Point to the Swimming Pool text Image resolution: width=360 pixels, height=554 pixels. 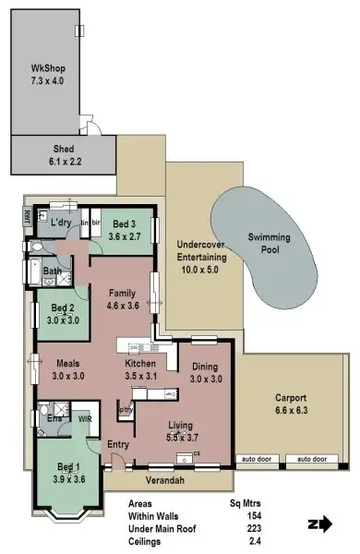[x=269, y=244]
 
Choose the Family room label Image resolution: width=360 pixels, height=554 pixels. [x=122, y=298]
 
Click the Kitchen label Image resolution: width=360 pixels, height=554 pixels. [x=141, y=370]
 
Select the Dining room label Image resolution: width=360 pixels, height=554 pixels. [x=207, y=372]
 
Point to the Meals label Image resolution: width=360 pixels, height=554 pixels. [x=66, y=370]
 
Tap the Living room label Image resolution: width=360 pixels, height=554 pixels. [x=181, y=431]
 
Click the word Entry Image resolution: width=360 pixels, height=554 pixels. [x=118, y=445]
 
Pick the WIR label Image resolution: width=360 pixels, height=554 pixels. [x=84, y=418]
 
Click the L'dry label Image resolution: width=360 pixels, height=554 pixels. [x=61, y=223]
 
